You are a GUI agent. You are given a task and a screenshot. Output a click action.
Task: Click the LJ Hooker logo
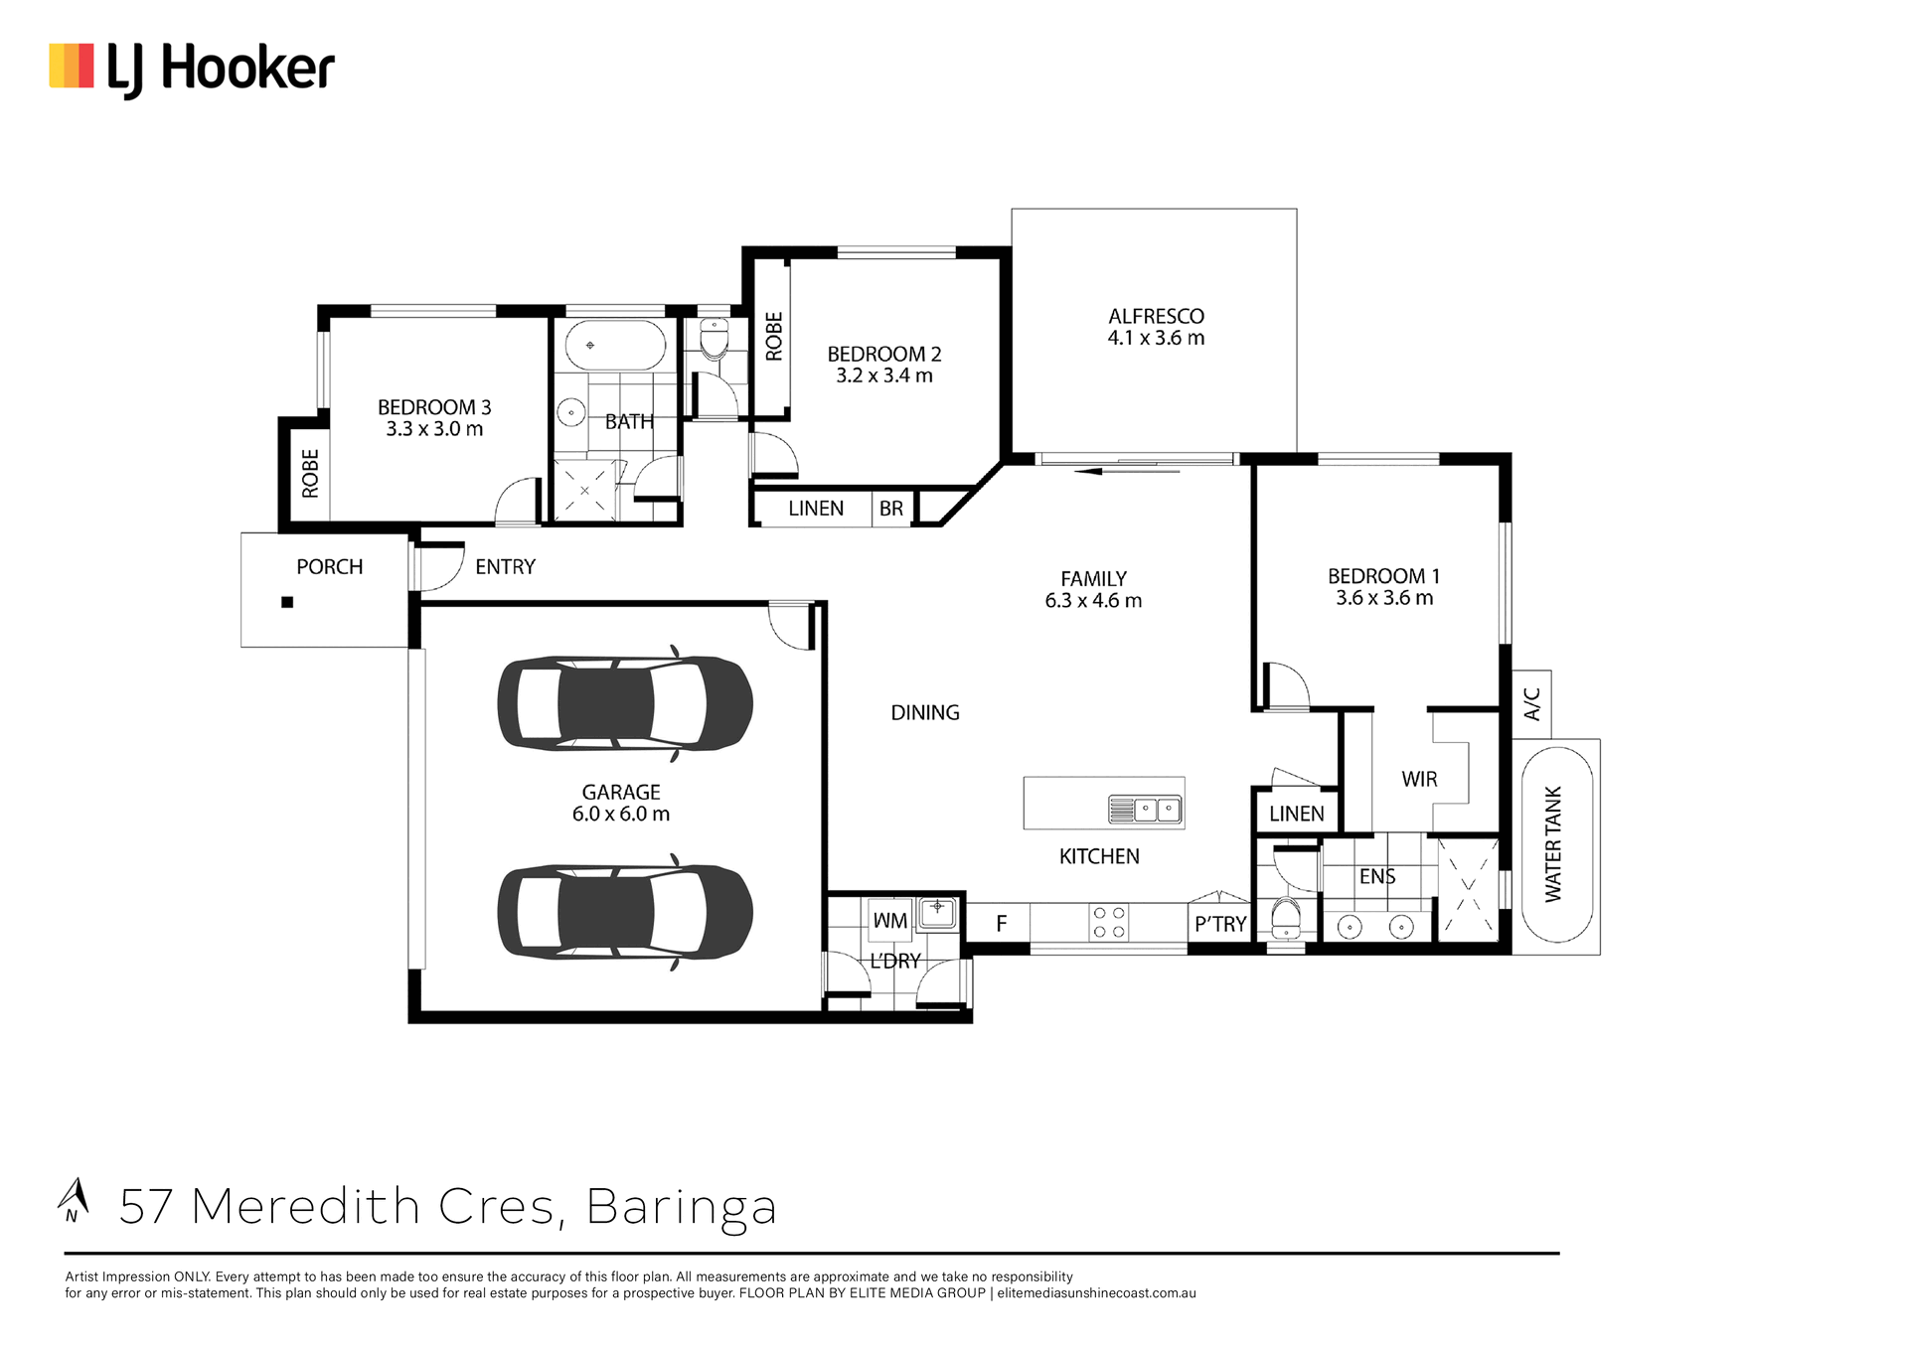[192, 70]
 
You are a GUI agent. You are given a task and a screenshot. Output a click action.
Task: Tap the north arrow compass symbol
[73, 1200]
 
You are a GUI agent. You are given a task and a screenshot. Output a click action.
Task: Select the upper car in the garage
[625, 703]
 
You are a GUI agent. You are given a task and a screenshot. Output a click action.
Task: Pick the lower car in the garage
[625, 912]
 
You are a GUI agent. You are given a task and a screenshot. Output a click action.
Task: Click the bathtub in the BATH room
[615, 345]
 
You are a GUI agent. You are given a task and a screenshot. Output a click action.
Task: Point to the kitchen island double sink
[1145, 810]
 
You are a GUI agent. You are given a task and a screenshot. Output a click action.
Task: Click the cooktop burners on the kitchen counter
[1109, 922]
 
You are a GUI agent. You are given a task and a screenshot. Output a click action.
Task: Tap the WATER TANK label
[1553, 844]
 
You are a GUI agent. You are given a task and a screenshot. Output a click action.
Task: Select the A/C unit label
[1531, 704]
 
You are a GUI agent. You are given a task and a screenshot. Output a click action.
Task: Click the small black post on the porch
[287, 602]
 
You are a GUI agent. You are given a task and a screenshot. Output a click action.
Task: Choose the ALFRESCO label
[1156, 316]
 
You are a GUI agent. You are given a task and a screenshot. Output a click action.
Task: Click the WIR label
[1419, 779]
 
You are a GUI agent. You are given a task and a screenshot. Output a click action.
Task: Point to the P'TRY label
[1220, 924]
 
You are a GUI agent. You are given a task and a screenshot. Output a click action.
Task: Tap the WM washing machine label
[890, 921]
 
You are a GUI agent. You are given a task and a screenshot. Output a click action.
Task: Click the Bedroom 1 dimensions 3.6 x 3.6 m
[1384, 598]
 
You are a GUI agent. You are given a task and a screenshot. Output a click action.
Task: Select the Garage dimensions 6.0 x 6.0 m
[621, 814]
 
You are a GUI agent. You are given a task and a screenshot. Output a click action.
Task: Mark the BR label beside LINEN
[891, 509]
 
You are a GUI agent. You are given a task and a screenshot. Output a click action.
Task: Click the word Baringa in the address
[682, 1207]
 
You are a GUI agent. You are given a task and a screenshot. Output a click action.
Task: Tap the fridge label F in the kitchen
[1002, 924]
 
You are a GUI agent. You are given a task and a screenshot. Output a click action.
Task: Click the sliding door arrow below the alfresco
[1128, 471]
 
